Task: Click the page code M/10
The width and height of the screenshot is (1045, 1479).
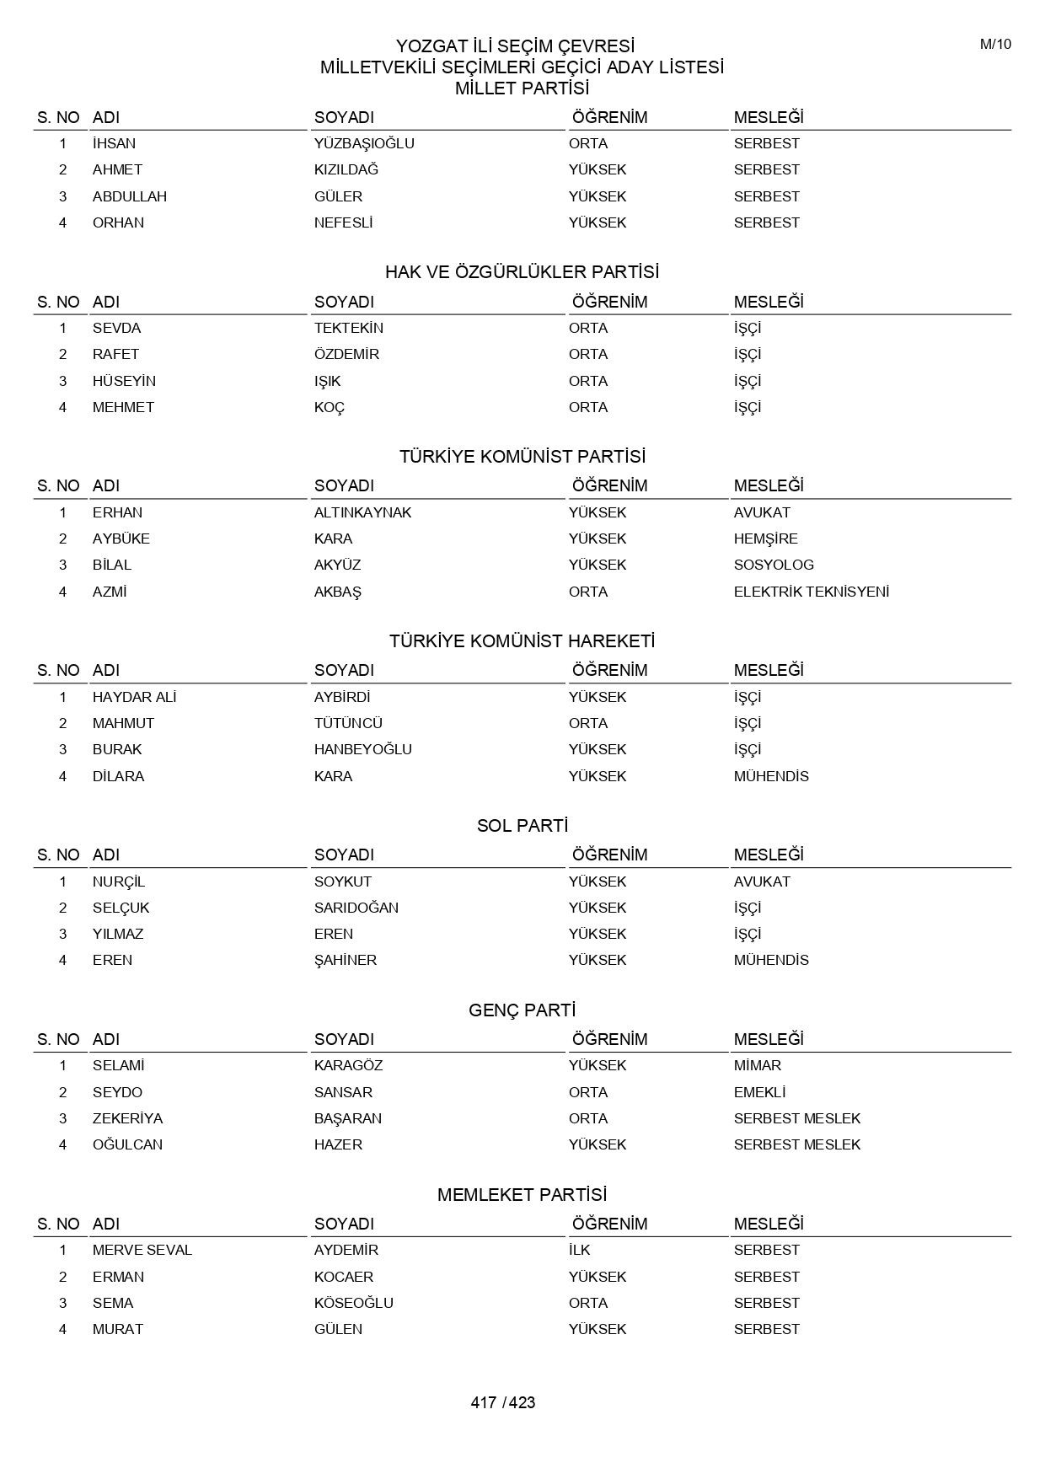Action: pos(994,45)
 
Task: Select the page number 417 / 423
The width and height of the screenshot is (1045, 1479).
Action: pos(503,1402)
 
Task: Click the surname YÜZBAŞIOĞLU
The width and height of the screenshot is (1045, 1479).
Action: pos(364,143)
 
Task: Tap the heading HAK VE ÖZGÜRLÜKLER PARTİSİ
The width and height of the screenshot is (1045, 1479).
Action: pos(522,272)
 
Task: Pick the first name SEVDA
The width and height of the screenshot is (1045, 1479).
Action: pos(116,328)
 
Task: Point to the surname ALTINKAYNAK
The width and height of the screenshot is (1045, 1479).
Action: pos(362,512)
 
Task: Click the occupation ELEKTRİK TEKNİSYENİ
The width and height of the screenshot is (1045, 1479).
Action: pos(811,592)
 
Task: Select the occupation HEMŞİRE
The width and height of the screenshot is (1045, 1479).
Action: pos(765,539)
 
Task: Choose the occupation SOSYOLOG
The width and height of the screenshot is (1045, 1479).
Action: pos(773,565)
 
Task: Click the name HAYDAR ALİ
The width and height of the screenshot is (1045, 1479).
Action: pos(134,697)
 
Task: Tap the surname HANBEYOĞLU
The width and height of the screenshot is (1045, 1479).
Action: pos(362,749)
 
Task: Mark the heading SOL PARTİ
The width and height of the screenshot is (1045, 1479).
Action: pos(522,826)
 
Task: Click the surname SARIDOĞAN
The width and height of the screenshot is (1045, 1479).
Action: pos(356,908)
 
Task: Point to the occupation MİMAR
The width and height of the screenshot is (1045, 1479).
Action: pos(757,1065)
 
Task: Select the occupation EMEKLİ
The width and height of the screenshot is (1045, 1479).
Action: pos(759,1092)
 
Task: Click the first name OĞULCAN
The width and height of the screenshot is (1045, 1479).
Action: pos(127,1144)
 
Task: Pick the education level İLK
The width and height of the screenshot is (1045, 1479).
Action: pos(579,1250)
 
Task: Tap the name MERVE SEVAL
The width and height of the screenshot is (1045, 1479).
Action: pos(142,1250)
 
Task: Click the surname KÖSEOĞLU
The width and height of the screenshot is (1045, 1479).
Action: pos(353,1303)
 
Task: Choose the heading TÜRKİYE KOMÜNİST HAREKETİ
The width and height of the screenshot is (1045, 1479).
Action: pos(522,641)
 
